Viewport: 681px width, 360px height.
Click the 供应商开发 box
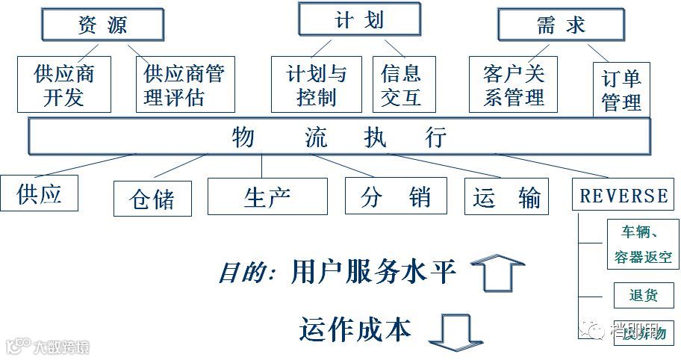pyautogui.click(x=63, y=84)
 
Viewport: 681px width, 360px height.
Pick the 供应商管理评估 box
pyautogui.click(x=185, y=84)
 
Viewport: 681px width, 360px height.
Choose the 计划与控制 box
pyautogui.click(x=316, y=84)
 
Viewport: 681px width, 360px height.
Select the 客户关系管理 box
pyautogui.click(x=514, y=84)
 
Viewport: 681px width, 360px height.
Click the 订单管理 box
pyautogui.click(x=621, y=90)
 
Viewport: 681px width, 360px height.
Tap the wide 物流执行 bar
pyautogui.click(x=340, y=137)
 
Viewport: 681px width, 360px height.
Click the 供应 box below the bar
pyautogui.click(x=39, y=193)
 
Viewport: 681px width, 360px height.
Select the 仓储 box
pyautogui.click(x=152, y=199)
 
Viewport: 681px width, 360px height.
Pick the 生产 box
pyautogui.click(x=267, y=196)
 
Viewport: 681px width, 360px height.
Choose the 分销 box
pyautogui.click(x=396, y=196)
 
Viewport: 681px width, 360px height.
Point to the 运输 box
pyautogui.click(x=507, y=196)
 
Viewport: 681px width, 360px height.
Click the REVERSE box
pyautogui.click(x=624, y=196)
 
